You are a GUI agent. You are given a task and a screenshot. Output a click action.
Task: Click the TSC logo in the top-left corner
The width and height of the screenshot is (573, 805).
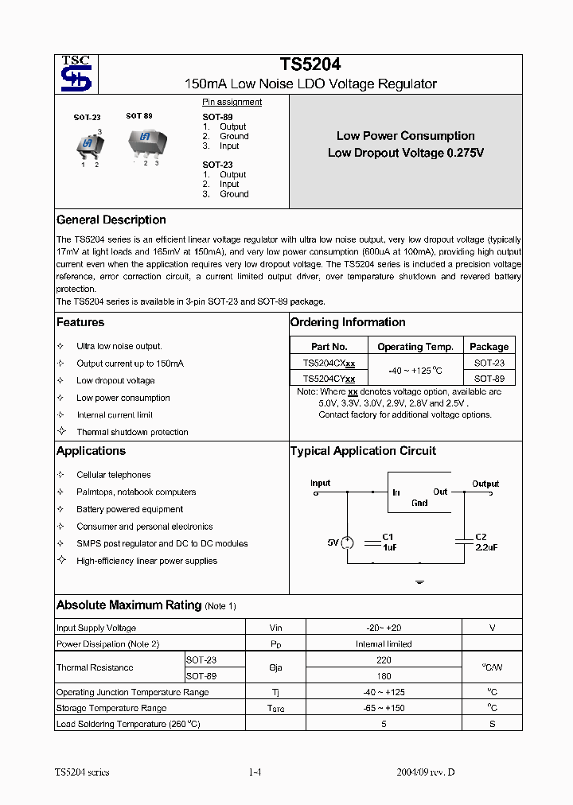(x=76, y=74)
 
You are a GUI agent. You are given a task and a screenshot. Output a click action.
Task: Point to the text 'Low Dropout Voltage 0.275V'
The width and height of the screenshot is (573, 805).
(x=406, y=153)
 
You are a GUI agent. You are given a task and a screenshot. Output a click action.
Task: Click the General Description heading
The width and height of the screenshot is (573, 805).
(x=111, y=220)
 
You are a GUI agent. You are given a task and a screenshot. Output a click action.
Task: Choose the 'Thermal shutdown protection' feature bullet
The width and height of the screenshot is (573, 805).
(x=132, y=432)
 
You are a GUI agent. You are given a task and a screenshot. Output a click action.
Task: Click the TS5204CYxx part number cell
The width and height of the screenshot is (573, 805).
(x=329, y=379)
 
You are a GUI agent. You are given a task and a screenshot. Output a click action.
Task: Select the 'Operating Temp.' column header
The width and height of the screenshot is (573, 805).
(x=415, y=347)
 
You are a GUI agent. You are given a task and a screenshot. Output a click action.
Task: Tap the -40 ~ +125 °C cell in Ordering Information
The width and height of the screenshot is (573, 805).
(x=415, y=371)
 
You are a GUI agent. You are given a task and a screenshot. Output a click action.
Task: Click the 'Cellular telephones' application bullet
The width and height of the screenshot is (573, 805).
(x=113, y=475)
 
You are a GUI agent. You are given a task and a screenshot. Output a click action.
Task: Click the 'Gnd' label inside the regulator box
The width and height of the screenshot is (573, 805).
(x=419, y=503)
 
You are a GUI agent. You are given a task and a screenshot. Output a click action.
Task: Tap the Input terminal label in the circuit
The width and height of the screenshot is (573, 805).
(x=320, y=483)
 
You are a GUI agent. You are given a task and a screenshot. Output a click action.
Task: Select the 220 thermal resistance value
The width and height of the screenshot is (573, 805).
(x=384, y=660)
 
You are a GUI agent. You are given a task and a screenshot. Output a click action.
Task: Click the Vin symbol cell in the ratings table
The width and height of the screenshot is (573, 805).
(x=275, y=628)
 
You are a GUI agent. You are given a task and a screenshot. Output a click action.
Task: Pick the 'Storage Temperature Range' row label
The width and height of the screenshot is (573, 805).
(x=111, y=708)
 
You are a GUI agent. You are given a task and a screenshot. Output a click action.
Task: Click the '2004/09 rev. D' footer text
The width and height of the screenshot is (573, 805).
(x=426, y=772)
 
